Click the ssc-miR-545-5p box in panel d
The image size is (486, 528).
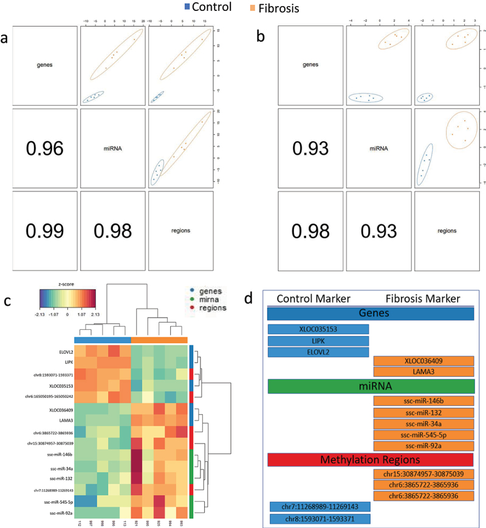[x=423, y=434]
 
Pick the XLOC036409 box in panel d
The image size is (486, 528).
[x=423, y=361]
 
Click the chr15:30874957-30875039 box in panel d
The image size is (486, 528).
[x=423, y=475]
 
